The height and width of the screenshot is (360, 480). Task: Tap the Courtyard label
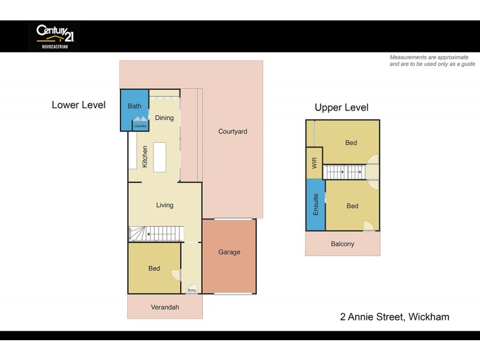232,131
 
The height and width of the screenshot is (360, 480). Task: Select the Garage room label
229,252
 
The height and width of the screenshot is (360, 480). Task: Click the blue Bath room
134,110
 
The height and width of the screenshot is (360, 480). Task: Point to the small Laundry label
140,126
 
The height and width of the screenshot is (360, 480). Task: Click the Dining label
164,118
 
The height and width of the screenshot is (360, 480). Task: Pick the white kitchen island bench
160,157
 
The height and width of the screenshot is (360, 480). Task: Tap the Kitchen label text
145,157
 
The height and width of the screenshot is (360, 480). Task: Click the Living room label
164,205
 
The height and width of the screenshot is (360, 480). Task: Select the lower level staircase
156,233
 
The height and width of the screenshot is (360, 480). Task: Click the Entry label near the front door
191,290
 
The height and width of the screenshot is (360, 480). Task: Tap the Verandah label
164,307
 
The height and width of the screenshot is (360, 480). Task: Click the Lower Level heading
79,105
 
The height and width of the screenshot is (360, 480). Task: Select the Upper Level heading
341,108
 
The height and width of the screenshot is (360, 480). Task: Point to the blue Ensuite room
315,205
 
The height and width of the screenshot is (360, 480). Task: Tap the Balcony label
343,244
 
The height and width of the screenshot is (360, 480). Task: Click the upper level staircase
344,173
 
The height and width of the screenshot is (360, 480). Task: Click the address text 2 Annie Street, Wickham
394,317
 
